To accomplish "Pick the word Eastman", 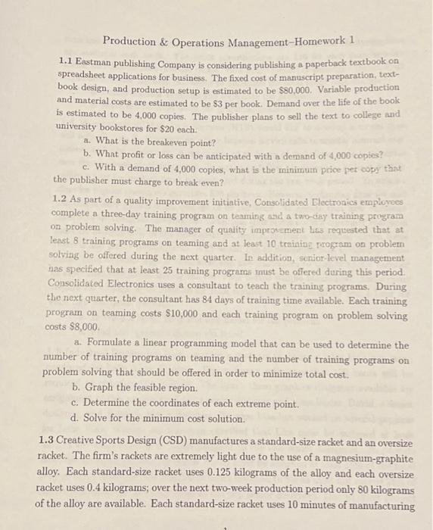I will click(x=98, y=60).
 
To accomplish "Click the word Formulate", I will click(x=115, y=344).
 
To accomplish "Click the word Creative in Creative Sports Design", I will click(x=84, y=439).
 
